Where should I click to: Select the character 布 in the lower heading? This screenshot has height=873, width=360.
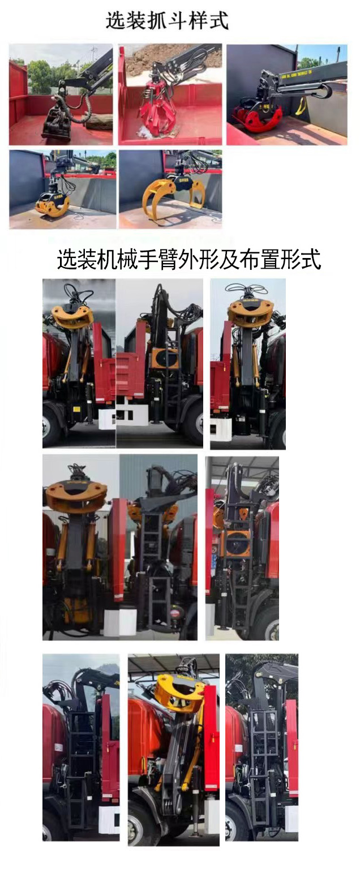[255, 260]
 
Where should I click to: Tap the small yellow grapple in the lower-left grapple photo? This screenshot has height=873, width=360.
[52, 204]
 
